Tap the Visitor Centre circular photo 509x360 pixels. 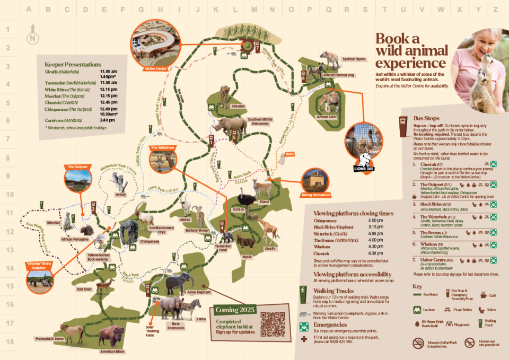point(152,42)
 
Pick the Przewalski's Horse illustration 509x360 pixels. point(73,332)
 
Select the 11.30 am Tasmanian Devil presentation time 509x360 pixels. point(108,82)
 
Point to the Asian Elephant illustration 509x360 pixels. point(179,284)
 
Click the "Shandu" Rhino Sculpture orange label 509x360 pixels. point(40,265)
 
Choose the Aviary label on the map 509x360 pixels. point(120,195)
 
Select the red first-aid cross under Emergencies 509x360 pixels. point(303,339)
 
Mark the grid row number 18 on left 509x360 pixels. point(8,343)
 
